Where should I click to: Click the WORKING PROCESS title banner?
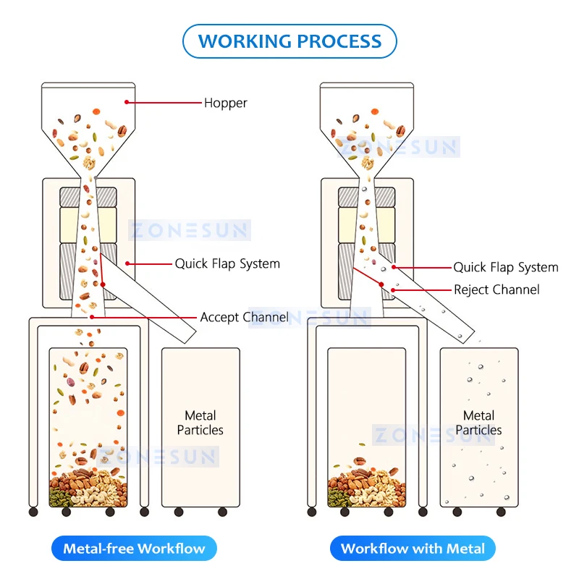[289, 41]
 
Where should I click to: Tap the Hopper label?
[225, 103]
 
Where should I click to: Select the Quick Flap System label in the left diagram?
[227, 263]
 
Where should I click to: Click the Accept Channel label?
[244, 317]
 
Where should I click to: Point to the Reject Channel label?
[496, 289]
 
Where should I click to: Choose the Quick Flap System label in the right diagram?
[506, 268]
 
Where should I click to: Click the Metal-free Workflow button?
[134, 548]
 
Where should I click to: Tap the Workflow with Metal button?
[413, 548]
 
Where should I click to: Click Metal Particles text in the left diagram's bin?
[200, 423]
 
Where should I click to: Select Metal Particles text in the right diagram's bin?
[478, 423]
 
